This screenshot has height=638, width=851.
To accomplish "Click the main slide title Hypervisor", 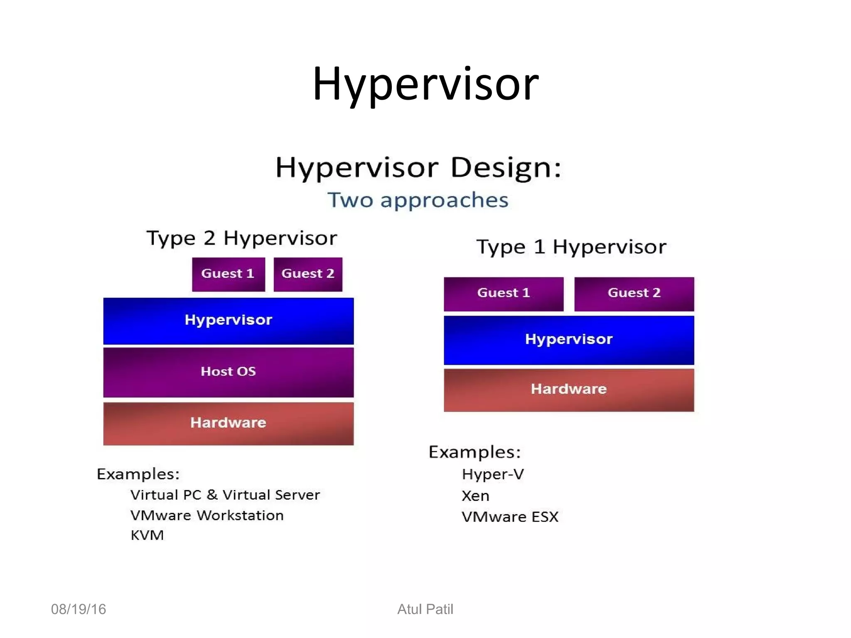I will [425, 84].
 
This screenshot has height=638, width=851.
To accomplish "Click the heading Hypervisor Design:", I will [418, 167].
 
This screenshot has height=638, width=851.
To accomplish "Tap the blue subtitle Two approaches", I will [418, 200].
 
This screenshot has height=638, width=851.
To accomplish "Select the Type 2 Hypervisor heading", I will [242, 238].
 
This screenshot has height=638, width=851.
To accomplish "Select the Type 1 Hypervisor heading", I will [571, 247].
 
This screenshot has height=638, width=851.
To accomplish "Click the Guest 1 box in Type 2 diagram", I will [228, 274].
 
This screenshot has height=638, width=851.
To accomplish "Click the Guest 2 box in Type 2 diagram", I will [308, 274].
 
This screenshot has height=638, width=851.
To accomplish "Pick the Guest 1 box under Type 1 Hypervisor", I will [504, 294].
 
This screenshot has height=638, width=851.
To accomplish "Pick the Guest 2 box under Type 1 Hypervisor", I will [634, 294].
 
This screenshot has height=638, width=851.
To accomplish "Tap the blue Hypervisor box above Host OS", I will [229, 321].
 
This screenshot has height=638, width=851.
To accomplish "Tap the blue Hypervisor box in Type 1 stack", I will [569, 340].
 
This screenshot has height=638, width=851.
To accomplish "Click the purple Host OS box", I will [229, 372].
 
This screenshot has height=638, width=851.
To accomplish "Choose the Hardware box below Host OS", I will [229, 423].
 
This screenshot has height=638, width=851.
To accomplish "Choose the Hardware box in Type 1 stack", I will [569, 390].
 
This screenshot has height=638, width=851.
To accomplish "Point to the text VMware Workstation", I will [207, 515].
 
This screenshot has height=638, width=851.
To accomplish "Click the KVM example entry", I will [147, 535].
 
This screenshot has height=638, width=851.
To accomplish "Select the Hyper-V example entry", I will [493, 474].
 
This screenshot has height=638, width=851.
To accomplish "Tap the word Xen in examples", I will [475, 496].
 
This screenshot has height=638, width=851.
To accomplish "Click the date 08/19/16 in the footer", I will [79, 609].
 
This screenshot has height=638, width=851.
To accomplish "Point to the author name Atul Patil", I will [425, 609].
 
